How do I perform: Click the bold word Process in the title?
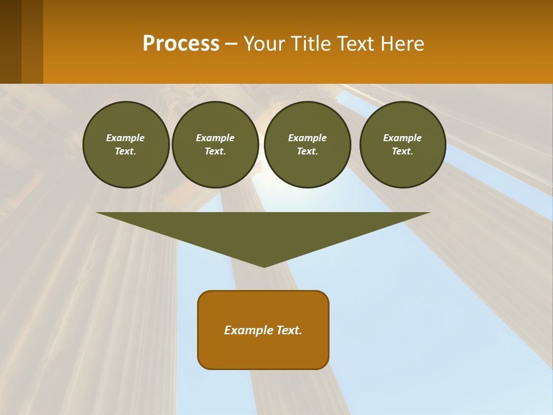pyautogui.click(x=181, y=44)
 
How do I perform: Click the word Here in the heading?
pyautogui.click(x=402, y=44)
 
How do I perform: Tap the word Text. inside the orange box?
pyautogui.click(x=290, y=330)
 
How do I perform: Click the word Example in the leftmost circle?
pyautogui.click(x=126, y=138)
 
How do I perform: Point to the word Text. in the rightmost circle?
pyautogui.click(x=402, y=152)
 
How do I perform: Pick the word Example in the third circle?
pyautogui.click(x=307, y=138)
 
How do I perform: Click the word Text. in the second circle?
pyautogui.click(x=215, y=152)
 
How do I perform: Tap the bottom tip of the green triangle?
pyautogui.click(x=264, y=265)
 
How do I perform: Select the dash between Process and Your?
pyautogui.click(x=231, y=44)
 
